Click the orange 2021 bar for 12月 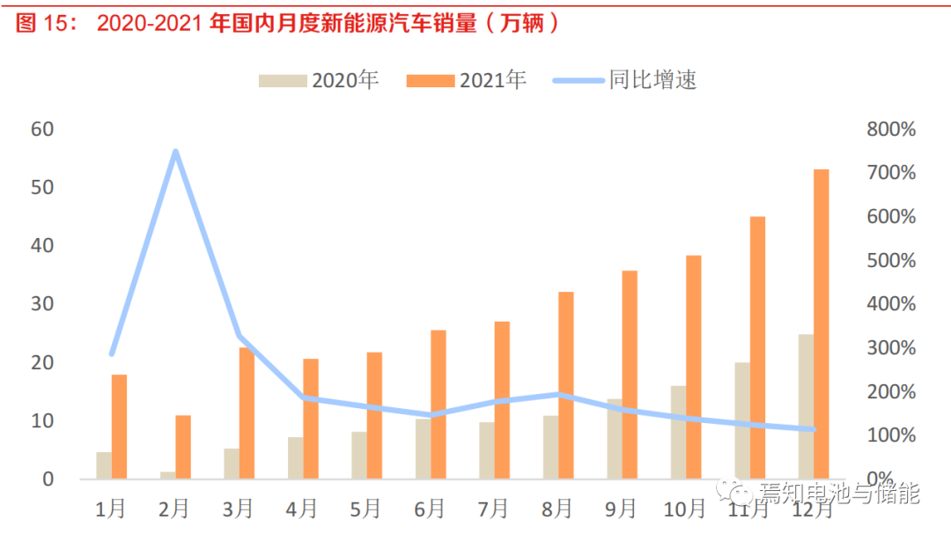(821, 323)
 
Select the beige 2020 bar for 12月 (806, 406)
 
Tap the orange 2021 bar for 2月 (182, 447)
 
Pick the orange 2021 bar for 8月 (565, 385)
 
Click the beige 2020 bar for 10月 (678, 432)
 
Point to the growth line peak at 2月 (175, 152)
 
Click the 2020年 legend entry (319, 80)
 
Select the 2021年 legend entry (467, 80)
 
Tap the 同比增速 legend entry (625, 80)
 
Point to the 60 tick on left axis (42, 129)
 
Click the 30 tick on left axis (42, 304)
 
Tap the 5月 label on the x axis (366, 509)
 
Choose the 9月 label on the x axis (622, 509)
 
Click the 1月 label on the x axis (111, 509)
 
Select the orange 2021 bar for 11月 (757, 347)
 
